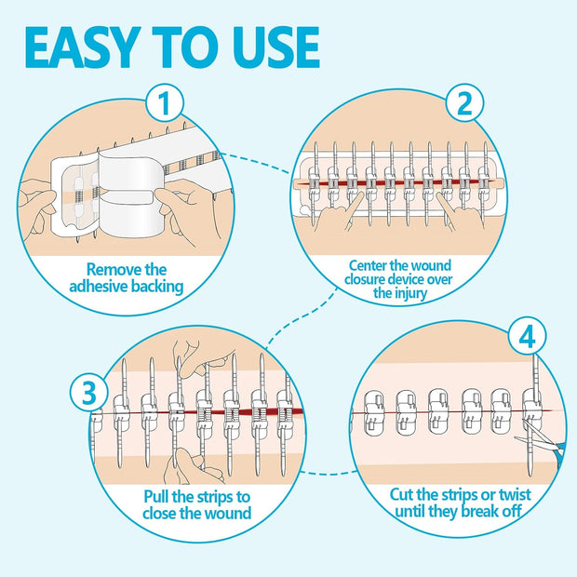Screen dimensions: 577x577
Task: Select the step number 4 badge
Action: pyautogui.click(x=529, y=337)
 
